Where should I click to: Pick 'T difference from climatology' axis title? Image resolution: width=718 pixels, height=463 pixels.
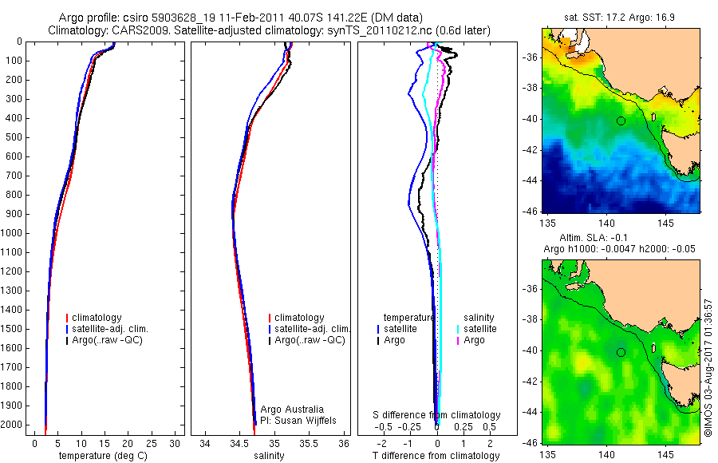coord(436,456)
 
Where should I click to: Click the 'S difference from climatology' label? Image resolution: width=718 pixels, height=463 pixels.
coord(437,415)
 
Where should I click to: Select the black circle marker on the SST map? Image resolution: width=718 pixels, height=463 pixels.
coord(621,121)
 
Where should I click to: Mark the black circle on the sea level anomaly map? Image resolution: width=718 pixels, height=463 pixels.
coord(621,352)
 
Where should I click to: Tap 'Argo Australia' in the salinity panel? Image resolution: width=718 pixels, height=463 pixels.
coord(293,410)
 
